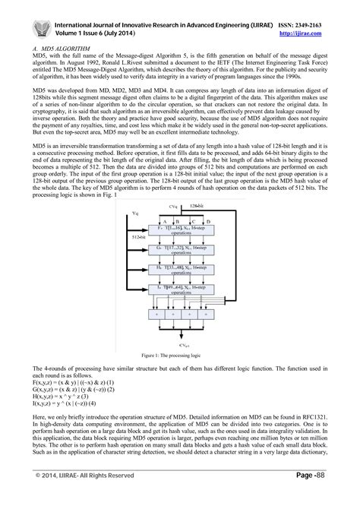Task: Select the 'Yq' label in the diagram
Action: point(136,215)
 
